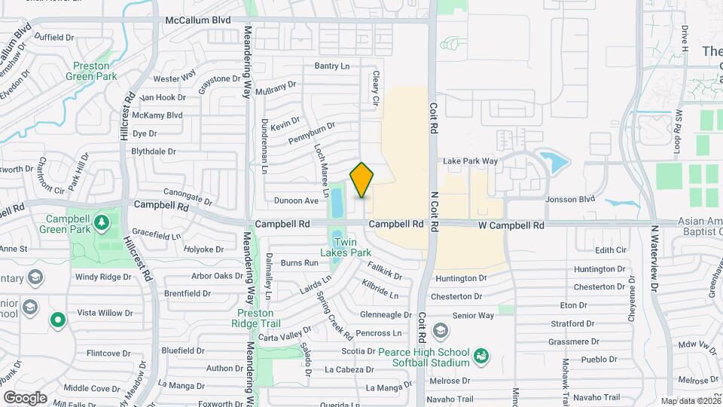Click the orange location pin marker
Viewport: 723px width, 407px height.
362,179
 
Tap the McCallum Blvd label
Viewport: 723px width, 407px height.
199,21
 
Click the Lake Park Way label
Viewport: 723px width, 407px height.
470,161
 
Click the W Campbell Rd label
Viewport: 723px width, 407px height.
511,225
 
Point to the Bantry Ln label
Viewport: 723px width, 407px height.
332,66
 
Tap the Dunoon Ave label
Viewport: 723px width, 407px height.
296,200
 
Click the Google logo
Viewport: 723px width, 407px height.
26,397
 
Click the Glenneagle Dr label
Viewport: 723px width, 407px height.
384,315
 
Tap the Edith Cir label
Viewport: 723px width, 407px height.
610,250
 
